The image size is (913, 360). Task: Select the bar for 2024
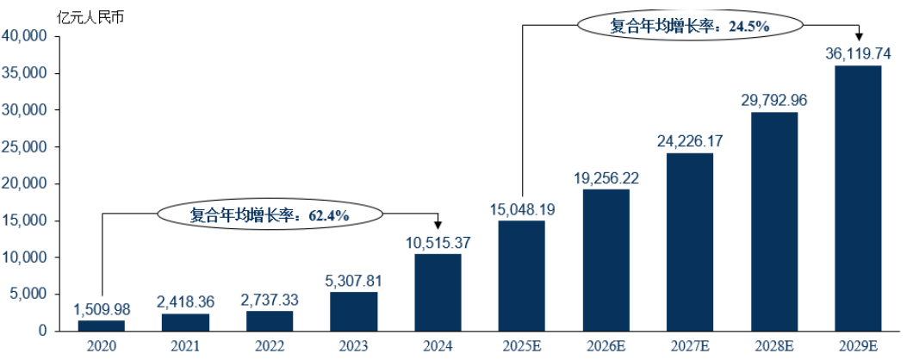(x=438, y=293)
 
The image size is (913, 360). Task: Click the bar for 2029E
(x=859, y=198)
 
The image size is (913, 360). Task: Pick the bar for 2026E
(x=606, y=260)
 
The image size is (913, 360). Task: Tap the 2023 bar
(x=353, y=311)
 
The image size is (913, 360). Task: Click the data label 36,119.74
(x=859, y=54)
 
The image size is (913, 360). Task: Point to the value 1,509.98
(x=101, y=309)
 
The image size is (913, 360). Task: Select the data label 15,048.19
(x=522, y=209)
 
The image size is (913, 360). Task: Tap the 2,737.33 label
(x=270, y=301)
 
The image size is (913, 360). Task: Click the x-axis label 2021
(x=185, y=346)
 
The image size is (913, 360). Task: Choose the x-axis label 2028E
(x=774, y=346)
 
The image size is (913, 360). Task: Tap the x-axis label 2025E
(x=522, y=346)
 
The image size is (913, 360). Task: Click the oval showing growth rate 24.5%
(x=689, y=26)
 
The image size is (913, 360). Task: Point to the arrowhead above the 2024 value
(x=438, y=227)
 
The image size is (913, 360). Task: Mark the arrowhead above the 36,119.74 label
(x=859, y=36)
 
